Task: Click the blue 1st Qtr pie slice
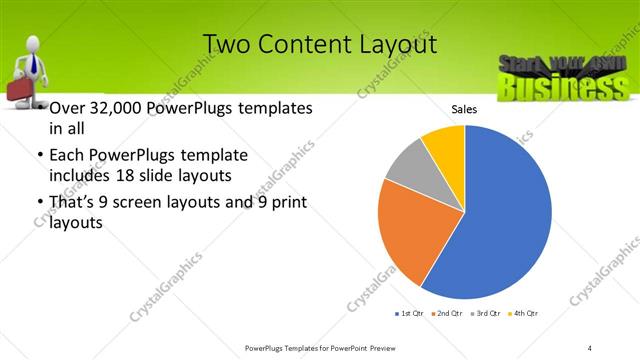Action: click(500, 220)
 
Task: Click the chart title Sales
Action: click(463, 109)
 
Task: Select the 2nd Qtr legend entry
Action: click(446, 314)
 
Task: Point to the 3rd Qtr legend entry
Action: click(485, 314)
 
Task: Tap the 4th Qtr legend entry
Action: click(523, 314)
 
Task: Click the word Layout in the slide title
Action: click(395, 45)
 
